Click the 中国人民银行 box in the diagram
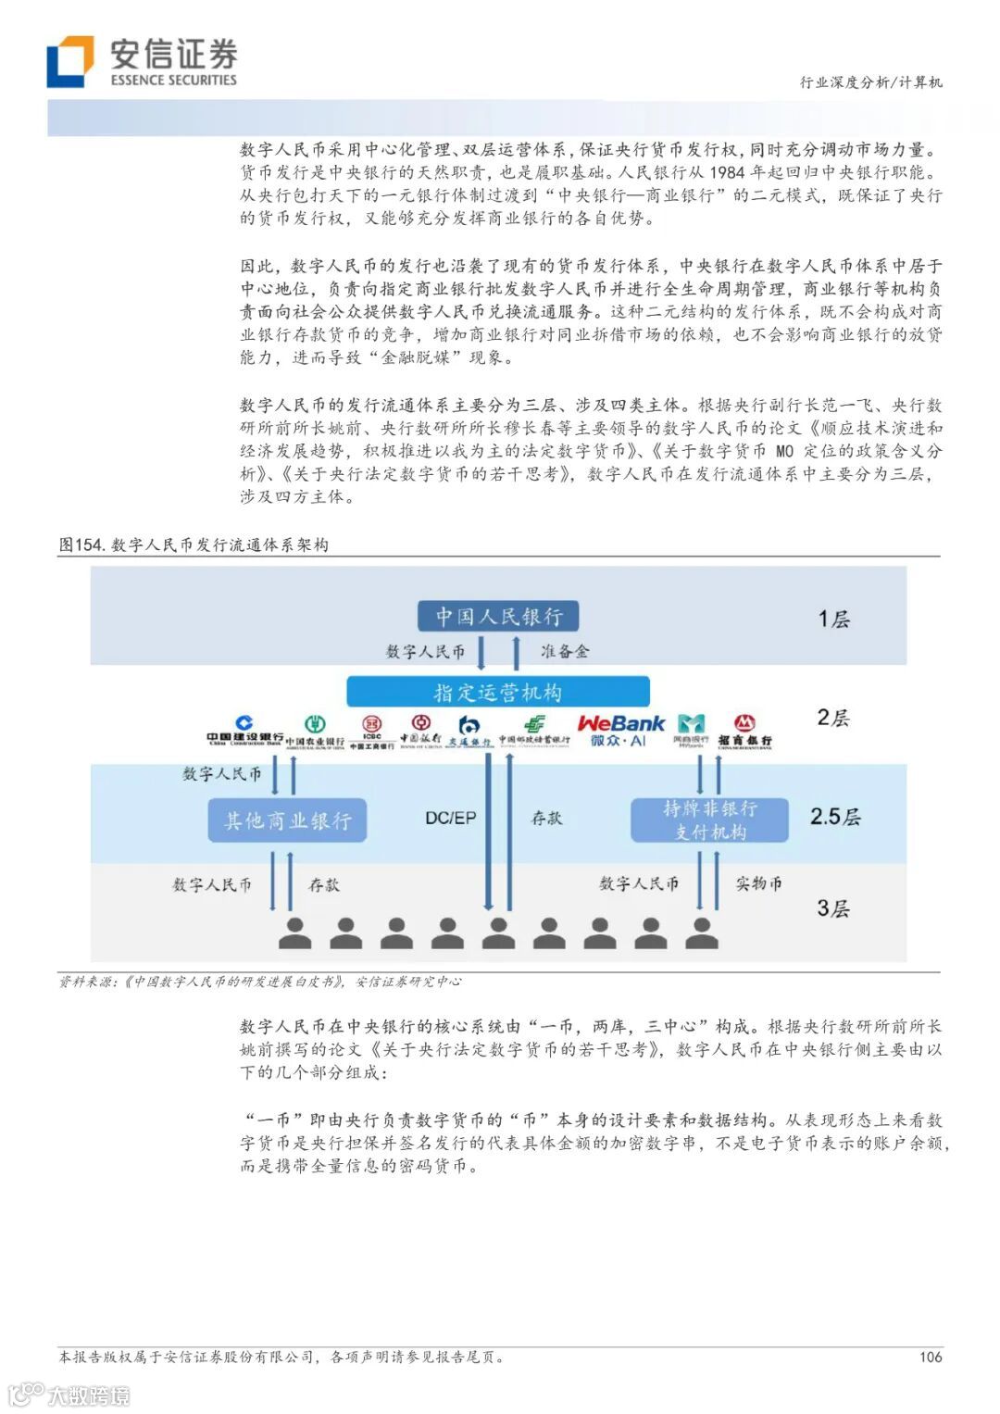tap(498, 616)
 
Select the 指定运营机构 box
tap(498, 692)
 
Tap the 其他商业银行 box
tap(288, 820)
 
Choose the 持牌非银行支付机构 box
tap(709, 820)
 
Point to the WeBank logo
tap(620, 730)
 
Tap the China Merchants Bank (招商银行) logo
tap(744, 731)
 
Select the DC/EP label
tap(451, 818)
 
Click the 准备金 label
tap(565, 652)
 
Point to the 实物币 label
tap(758, 883)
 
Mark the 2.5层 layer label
tap(834, 816)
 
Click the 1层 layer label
tap(833, 619)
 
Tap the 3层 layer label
tap(832, 908)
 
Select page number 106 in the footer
tap(930, 1357)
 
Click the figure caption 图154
tap(81, 544)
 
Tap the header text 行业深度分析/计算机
tap(870, 81)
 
